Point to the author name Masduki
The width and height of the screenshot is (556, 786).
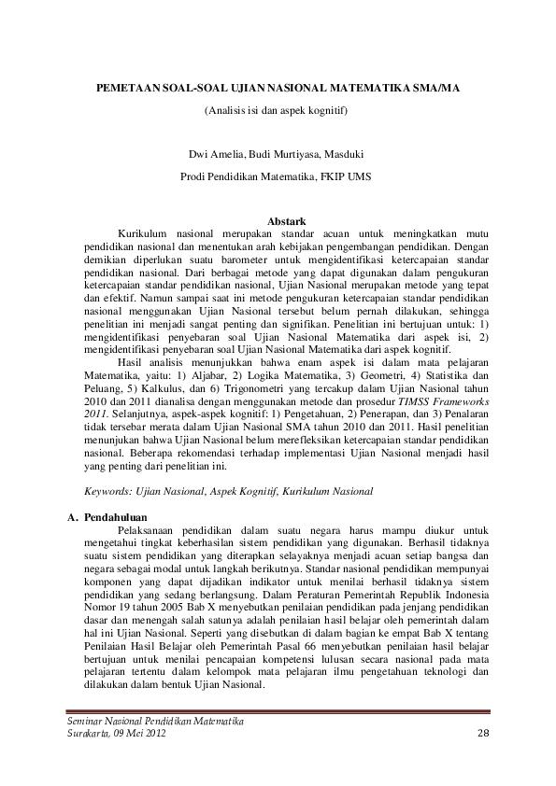click(343, 154)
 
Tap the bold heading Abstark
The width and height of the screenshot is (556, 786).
click(287, 220)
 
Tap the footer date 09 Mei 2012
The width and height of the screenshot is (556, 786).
click(140, 736)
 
